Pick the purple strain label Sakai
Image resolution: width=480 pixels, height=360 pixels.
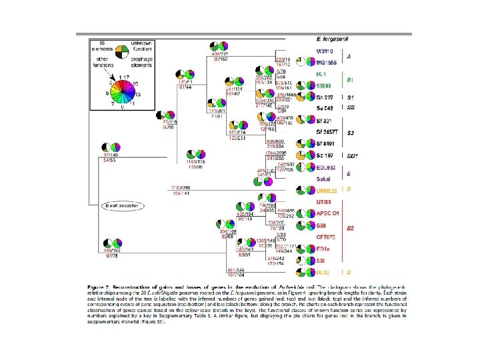(x=324, y=179)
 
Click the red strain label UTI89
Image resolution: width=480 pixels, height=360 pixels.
(x=325, y=201)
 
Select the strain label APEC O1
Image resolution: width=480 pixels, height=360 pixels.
(x=329, y=213)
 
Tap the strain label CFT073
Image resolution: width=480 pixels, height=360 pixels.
(x=327, y=237)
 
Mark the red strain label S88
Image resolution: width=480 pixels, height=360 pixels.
(x=322, y=225)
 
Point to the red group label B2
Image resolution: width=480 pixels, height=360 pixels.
(x=350, y=228)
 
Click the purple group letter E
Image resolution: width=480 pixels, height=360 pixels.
(x=349, y=173)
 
